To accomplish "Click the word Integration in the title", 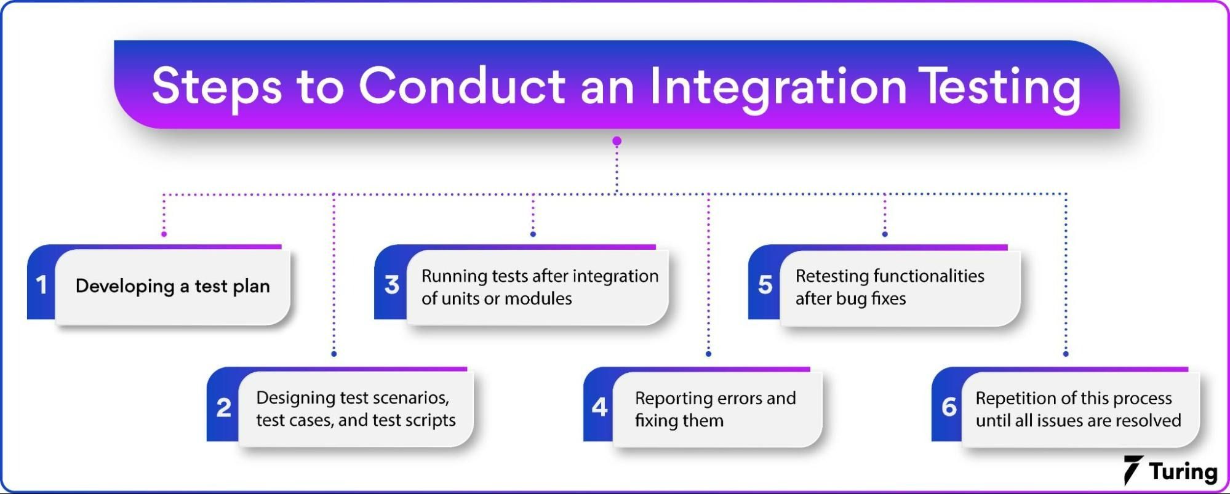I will click(x=778, y=86).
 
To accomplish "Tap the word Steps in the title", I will click(x=217, y=86).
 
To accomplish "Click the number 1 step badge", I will click(x=41, y=285).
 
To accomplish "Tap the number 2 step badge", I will click(x=223, y=407).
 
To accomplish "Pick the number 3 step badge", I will click(x=391, y=285).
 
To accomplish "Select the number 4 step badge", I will click(x=599, y=407).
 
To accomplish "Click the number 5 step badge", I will click(x=765, y=285).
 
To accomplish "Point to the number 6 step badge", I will click(x=949, y=407).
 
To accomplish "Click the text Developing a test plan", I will click(x=172, y=286).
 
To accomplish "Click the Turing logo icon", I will click(x=1133, y=470).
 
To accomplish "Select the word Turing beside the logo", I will click(x=1183, y=472).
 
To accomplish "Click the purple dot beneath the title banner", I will click(x=617, y=141).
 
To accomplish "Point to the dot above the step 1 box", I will click(x=164, y=234).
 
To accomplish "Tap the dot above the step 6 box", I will click(x=1066, y=354).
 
